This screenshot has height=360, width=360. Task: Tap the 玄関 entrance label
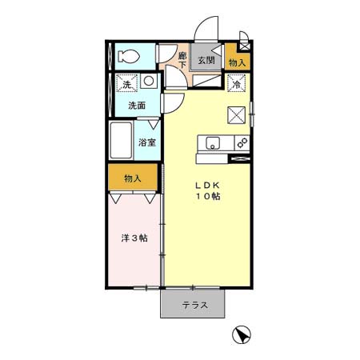pyautogui.click(x=206, y=60)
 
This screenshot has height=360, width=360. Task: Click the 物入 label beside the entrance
pyautogui.click(x=237, y=62)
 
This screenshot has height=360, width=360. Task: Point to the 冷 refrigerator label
pyautogui.click(x=238, y=82)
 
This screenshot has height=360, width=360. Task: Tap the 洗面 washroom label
pyautogui.click(x=137, y=105)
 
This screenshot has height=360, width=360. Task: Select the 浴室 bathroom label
pyautogui.click(x=146, y=143)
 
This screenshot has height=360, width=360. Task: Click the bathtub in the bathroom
pyautogui.click(x=122, y=142)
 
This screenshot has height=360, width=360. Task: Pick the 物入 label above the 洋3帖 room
pyautogui.click(x=133, y=178)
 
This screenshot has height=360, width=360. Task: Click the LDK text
pyautogui.click(x=206, y=185)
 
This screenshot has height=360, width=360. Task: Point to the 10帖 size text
pyautogui.click(x=206, y=196)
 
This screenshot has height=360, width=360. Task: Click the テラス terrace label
pyautogui.click(x=194, y=304)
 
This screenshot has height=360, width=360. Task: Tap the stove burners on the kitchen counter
pyautogui.click(x=242, y=142)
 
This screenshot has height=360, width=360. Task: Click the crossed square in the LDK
pyautogui.click(x=238, y=114)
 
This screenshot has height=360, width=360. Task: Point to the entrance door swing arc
pyautogui.click(x=210, y=28)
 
